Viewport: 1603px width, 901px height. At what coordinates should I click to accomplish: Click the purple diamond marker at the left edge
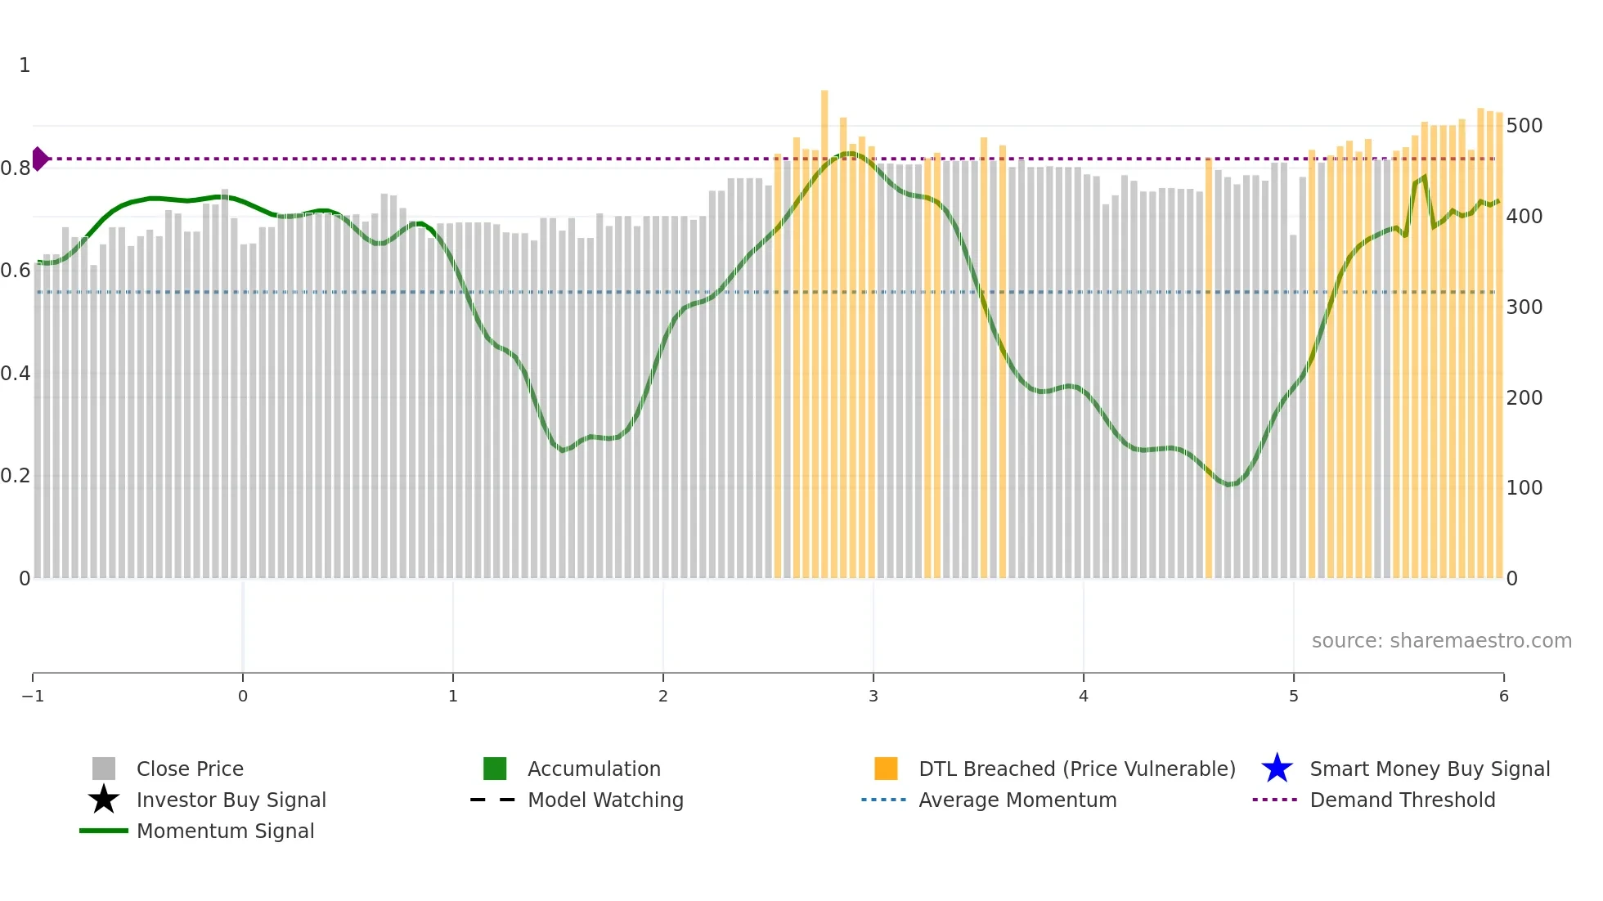(39, 159)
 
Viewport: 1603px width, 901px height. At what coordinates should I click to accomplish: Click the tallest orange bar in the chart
(824, 327)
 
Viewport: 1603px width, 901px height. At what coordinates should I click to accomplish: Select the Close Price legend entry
(190, 769)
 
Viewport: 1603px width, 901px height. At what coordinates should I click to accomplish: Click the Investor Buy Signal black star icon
(104, 800)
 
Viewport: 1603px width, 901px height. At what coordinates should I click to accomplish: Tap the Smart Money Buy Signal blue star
(1277, 769)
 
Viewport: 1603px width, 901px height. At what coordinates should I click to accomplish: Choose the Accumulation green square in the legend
(495, 769)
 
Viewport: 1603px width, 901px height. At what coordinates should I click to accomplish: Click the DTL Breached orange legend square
(886, 769)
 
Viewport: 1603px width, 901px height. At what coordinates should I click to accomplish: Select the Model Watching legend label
(605, 800)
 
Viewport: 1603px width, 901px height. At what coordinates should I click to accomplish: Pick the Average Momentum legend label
(1017, 800)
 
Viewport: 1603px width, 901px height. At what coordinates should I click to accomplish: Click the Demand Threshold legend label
(1402, 800)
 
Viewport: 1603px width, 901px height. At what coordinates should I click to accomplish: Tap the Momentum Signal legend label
(225, 831)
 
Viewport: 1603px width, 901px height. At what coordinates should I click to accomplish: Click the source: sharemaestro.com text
(1441, 640)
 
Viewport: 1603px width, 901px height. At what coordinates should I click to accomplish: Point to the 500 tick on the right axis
(1524, 126)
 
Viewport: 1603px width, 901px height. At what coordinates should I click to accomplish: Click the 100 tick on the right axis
(1524, 488)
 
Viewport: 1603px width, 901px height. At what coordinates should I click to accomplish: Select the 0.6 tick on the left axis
(16, 271)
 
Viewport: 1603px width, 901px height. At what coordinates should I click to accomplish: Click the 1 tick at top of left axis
(25, 65)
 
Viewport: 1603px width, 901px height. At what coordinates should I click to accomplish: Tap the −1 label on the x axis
(33, 696)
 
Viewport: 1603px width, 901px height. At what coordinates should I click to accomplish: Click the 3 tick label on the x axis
(873, 696)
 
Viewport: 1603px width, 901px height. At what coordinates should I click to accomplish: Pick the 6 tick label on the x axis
(1503, 696)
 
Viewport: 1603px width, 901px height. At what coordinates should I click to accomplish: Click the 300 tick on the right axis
(1524, 307)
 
